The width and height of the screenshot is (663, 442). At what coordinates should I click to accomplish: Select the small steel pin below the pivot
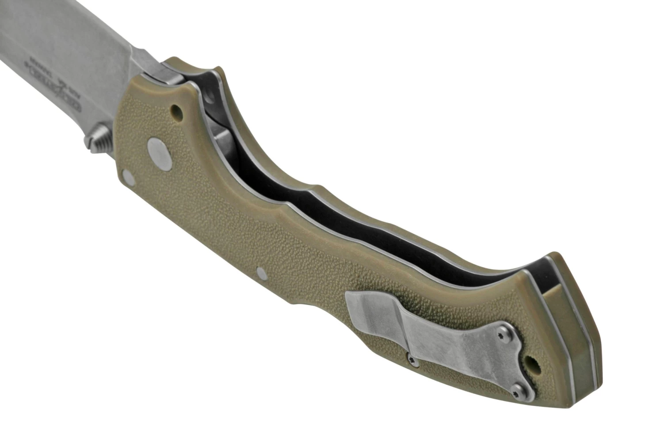[x=128, y=176]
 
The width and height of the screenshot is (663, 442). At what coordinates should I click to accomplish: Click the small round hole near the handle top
[x=177, y=108]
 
